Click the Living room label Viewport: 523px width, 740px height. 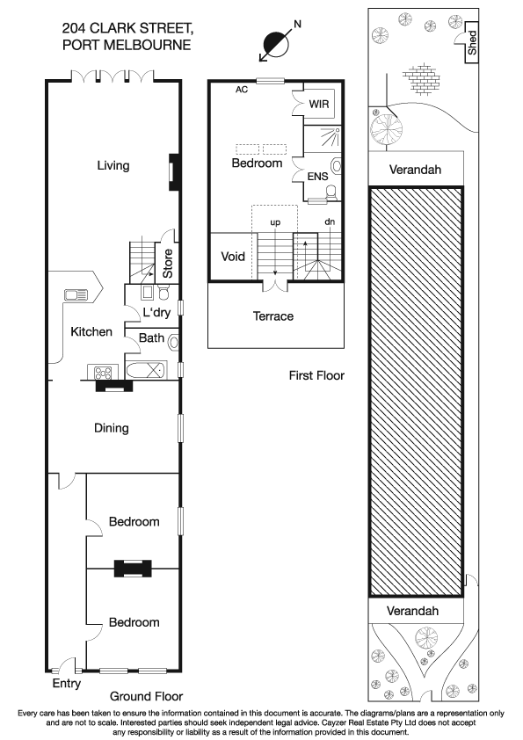tap(113, 165)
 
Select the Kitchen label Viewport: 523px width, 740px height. tap(91, 331)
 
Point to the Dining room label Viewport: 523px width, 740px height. tap(112, 428)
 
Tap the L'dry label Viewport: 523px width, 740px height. tap(157, 313)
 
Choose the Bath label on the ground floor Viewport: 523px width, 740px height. tap(150, 337)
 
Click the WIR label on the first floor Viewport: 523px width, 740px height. tap(319, 104)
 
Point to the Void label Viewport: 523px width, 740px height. tap(233, 258)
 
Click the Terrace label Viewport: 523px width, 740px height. tap(273, 316)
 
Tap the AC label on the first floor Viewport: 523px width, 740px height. tap(242, 90)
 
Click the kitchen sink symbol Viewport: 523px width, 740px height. tap(75, 295)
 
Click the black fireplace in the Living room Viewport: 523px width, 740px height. tap(174, 172)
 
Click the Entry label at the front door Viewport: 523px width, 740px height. tap(67, 683)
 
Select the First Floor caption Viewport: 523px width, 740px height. tap(316, 375)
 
